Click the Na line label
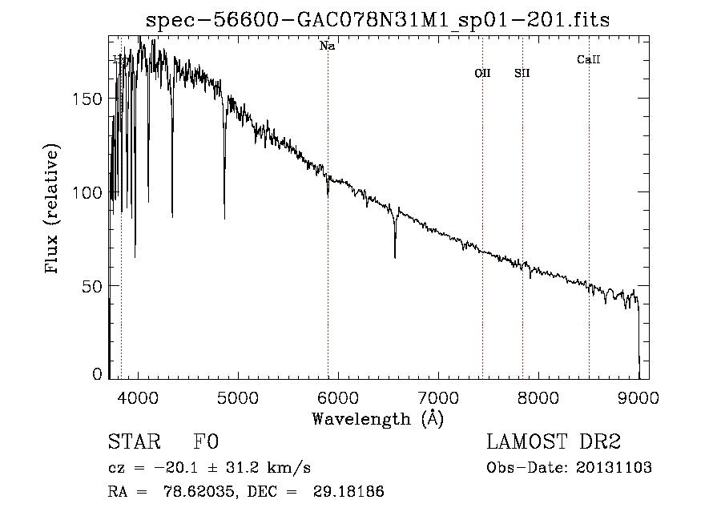(327, 46)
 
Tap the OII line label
(482, 73)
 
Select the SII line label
(522, 73)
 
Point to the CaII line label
(588, 59)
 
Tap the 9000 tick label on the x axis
(638, 397)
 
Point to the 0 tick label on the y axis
(98, 374)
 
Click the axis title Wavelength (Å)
(377, 418)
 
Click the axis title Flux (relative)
(54, 210)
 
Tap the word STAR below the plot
(133, 442)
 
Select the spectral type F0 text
(207, 442)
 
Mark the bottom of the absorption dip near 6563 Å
(395, 257)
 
